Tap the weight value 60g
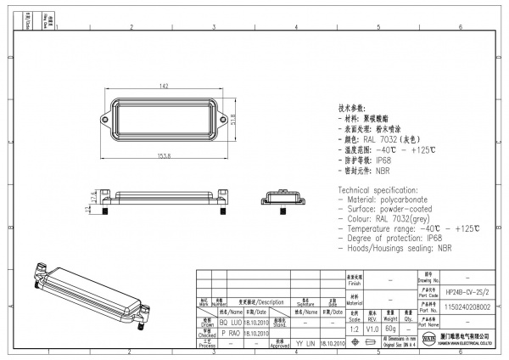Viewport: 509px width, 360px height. [x=390, y=327]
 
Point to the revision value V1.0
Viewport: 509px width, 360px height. [x=372, y=327]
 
